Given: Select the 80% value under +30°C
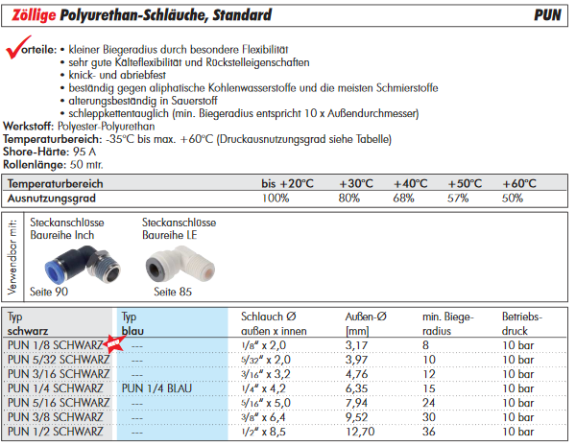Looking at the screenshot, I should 348,198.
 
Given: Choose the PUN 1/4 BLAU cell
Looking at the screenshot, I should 160,388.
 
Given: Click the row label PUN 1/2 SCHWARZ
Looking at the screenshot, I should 57,432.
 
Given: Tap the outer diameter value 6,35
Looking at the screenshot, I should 359,388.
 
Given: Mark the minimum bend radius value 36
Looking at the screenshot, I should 429,432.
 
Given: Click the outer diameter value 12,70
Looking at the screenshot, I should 361,432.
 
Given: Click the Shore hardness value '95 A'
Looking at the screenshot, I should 87,152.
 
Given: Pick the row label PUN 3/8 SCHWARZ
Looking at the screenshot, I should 57,417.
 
